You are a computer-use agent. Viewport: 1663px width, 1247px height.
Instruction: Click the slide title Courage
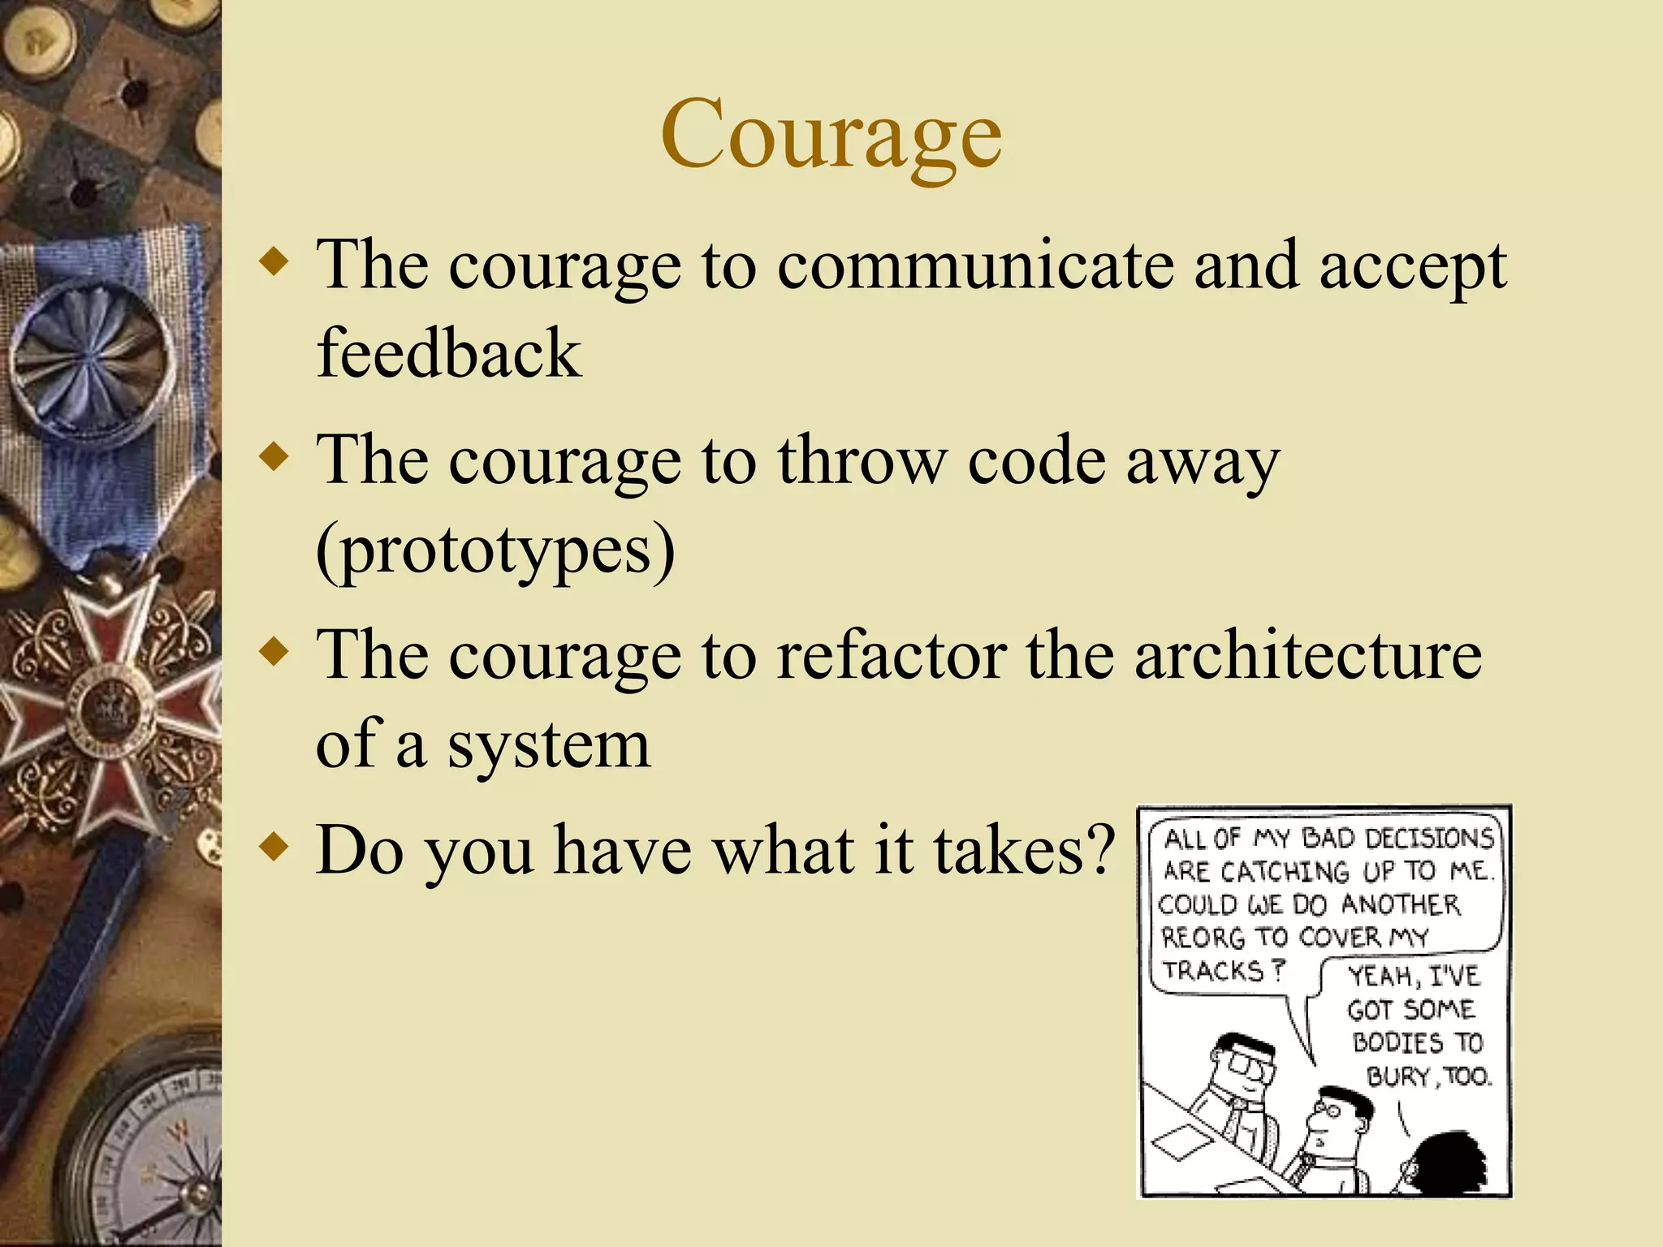(831, 135)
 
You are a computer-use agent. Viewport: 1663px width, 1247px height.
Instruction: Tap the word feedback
(448, 353)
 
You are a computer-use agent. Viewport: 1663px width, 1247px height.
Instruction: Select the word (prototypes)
(495, 550)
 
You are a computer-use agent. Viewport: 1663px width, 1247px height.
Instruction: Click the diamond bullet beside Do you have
(275, 848)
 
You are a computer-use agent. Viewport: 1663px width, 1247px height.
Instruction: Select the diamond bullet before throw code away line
(275, 457)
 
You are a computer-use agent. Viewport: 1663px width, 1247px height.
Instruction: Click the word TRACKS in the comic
(1214, 970)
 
